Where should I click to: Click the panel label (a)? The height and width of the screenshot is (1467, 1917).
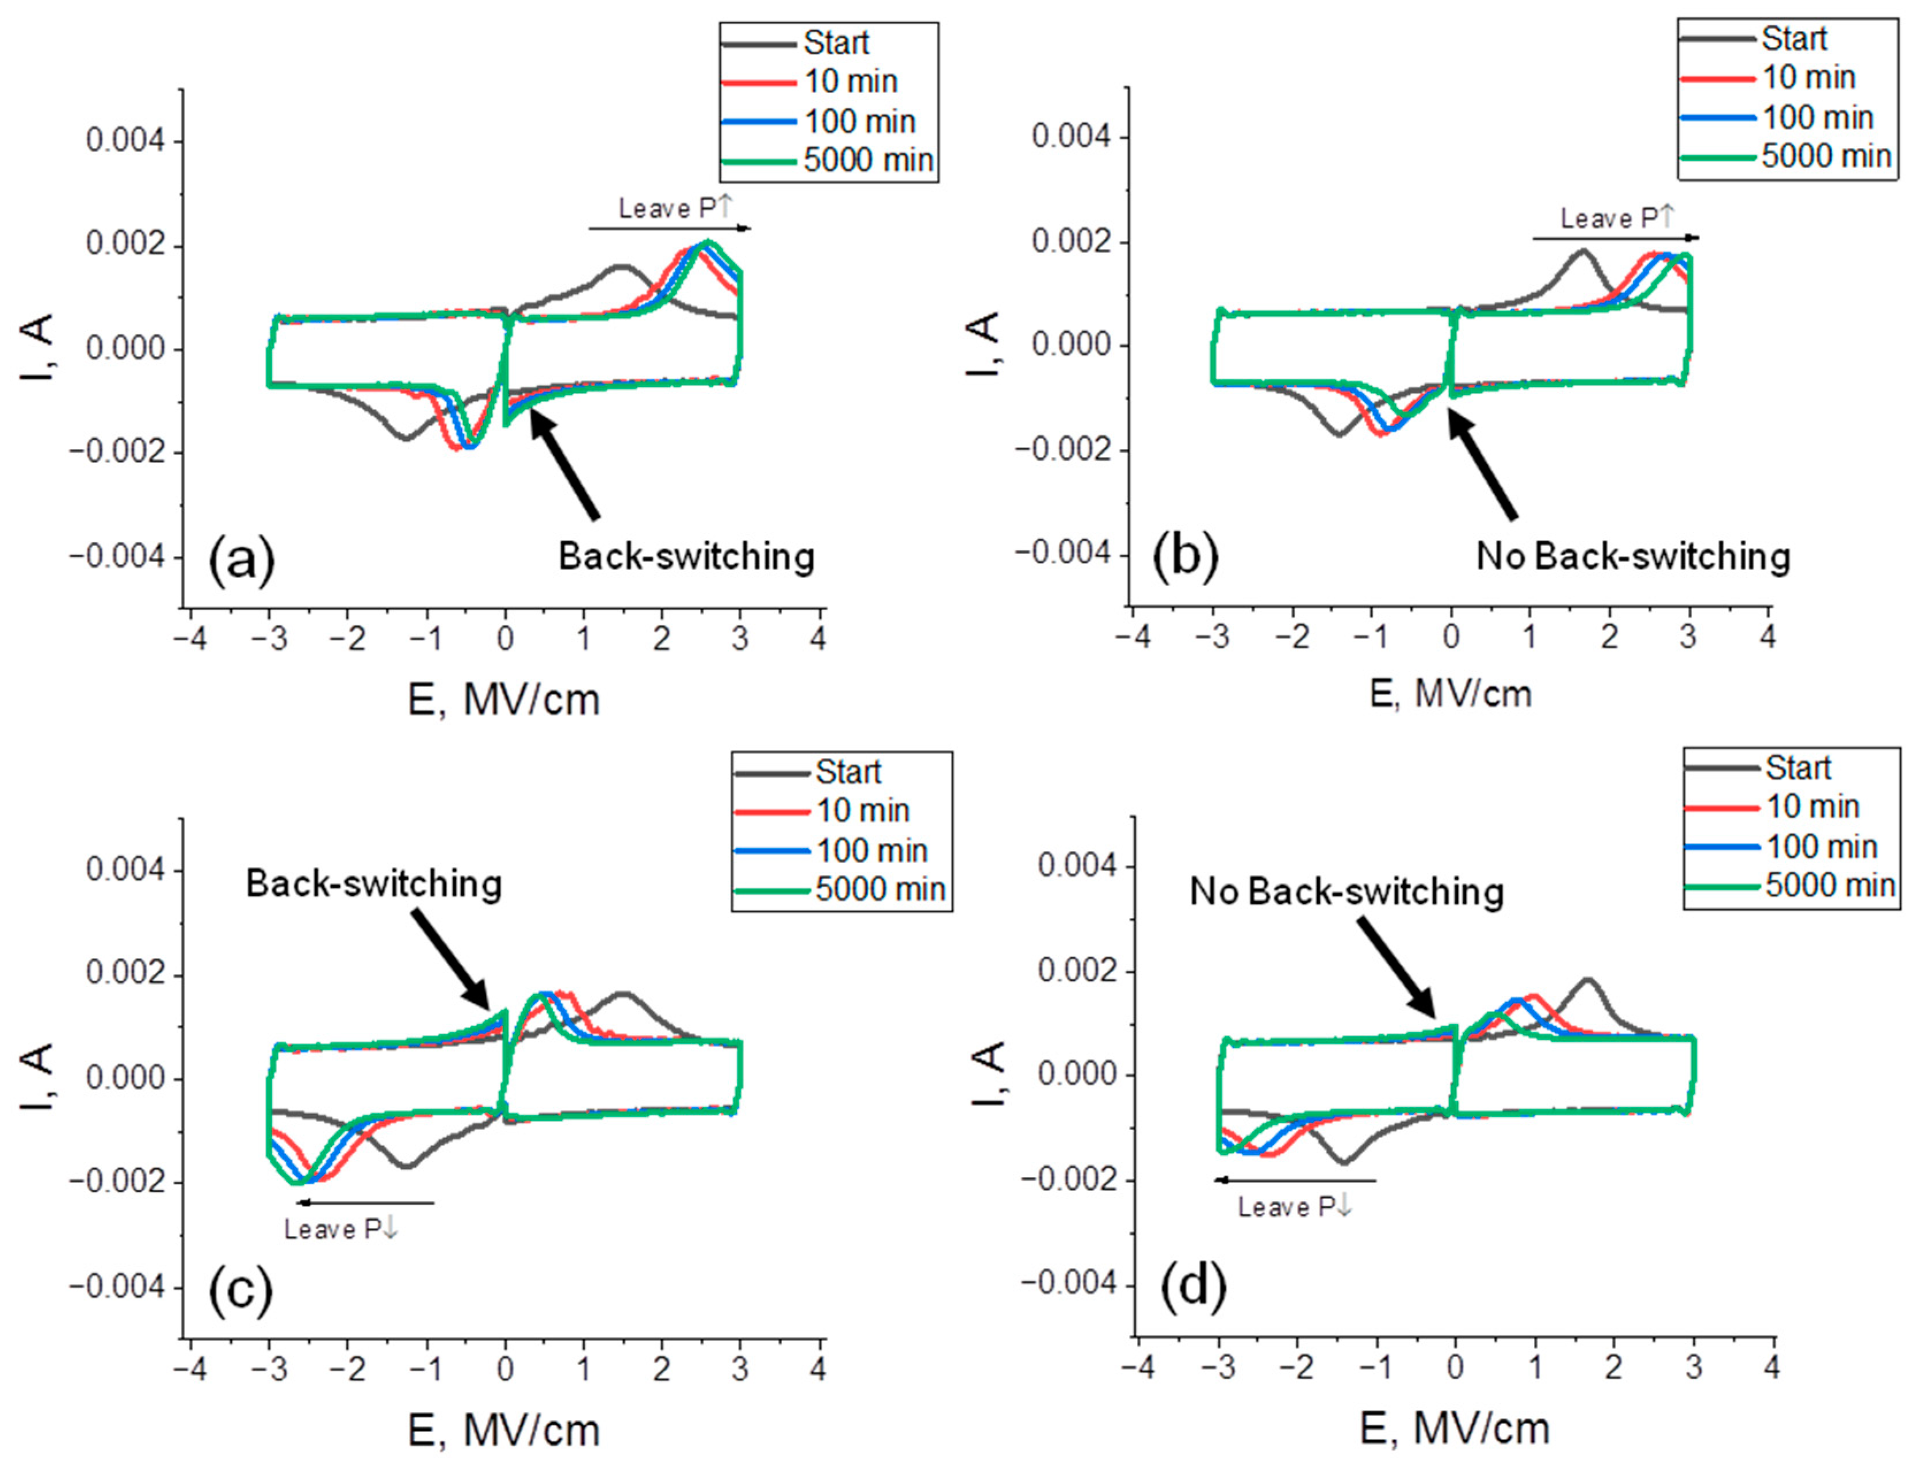click(241, 560)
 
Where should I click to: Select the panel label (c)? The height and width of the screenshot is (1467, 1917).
click(240, 1290)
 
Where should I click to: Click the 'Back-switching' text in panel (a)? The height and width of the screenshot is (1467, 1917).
click(687, 556)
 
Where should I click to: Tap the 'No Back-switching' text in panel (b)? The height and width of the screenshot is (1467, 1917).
click(1632, 556)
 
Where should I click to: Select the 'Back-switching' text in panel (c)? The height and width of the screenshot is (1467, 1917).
click(374, 884)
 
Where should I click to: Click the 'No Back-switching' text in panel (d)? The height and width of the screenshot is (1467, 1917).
click(1346, 891)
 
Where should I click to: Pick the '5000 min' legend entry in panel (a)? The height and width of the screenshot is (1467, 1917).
click(867, 160)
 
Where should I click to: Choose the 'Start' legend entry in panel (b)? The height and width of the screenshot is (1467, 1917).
click(1794, 39)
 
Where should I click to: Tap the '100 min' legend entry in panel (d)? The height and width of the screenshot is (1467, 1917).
click(1821, 846)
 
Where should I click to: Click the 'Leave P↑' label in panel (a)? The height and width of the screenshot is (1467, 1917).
click(676, 208)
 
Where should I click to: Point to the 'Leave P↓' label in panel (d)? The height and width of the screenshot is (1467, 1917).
click(1294, 1207)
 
